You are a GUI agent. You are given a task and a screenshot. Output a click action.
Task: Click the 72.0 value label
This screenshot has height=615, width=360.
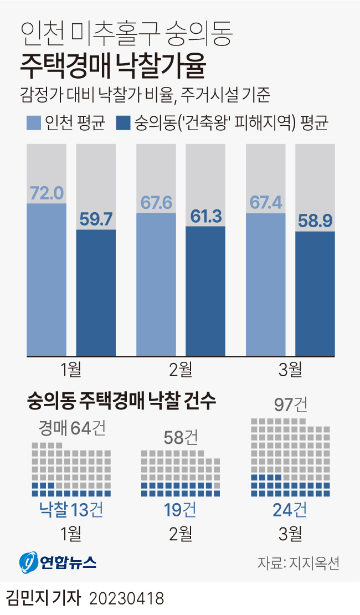(47, 193)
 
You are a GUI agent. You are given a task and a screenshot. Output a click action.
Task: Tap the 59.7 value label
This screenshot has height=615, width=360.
(96, 219)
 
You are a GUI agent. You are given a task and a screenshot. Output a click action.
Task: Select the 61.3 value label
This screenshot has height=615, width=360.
(205, 216)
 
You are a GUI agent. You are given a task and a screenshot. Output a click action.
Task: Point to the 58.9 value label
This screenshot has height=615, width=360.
(315, 221)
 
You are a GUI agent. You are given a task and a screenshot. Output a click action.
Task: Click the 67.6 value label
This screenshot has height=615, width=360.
(156, 203)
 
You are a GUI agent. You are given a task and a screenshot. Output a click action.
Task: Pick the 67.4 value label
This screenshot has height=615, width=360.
(266, 203)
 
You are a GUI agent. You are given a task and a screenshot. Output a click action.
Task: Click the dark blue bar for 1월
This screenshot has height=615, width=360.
(96, 294)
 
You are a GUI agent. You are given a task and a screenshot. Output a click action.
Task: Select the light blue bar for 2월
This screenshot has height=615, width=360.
(156, 285)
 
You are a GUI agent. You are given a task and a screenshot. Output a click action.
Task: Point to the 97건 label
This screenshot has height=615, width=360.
(291, 405)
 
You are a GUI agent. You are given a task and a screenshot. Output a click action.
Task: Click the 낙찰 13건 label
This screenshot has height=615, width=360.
(71, 510)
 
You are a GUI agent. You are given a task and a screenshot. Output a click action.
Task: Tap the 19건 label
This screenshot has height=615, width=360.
(181, 510)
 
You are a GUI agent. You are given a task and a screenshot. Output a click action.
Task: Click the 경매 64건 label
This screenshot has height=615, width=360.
(71, 428)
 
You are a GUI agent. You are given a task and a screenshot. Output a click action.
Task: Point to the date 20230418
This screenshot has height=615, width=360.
(126, 599)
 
